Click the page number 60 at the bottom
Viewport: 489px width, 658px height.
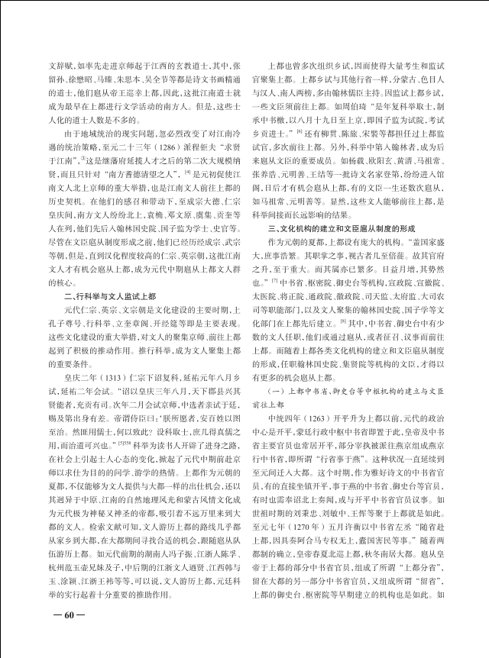click(67, 635)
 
